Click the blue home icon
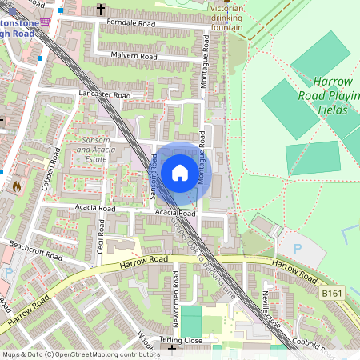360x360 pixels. [180, 172]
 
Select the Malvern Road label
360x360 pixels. [135, 57]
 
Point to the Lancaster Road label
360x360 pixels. [105, 94]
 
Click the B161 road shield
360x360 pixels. [332, 294]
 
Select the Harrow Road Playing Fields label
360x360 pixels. [337, 95]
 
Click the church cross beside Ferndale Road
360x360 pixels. [100, 10]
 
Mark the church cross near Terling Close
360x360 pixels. [171, 350]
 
